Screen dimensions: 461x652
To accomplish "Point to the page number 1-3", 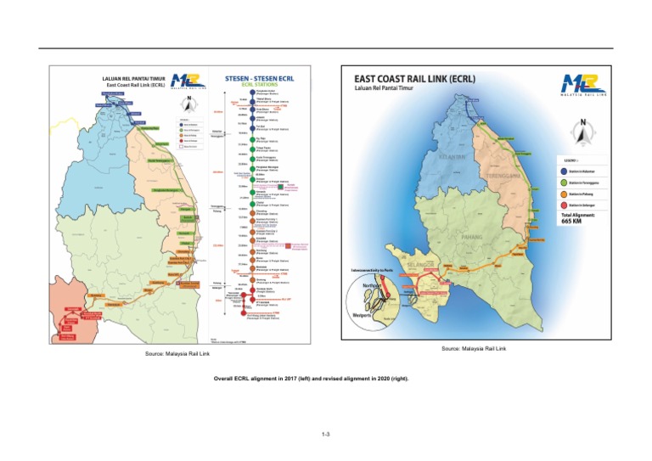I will click(325, 436).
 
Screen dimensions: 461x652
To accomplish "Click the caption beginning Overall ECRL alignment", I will click(325, 379).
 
